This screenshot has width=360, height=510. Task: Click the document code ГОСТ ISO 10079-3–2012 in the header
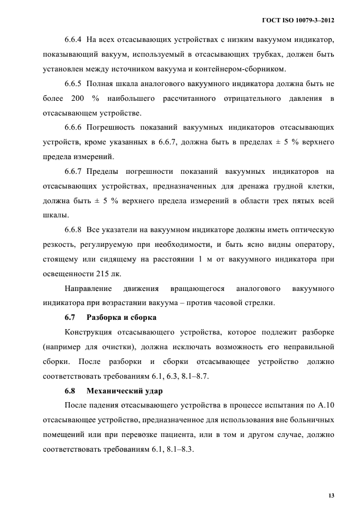pyautogui.click(x=298, y=20)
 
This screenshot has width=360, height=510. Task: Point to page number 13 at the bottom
pyautogui.click(x=331, y=495)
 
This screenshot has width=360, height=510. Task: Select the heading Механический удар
pyautogui.click(x=120, y=391)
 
